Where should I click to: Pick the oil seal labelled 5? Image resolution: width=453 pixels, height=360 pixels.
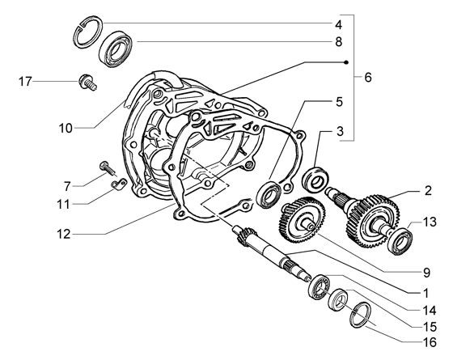coord(269,193)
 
